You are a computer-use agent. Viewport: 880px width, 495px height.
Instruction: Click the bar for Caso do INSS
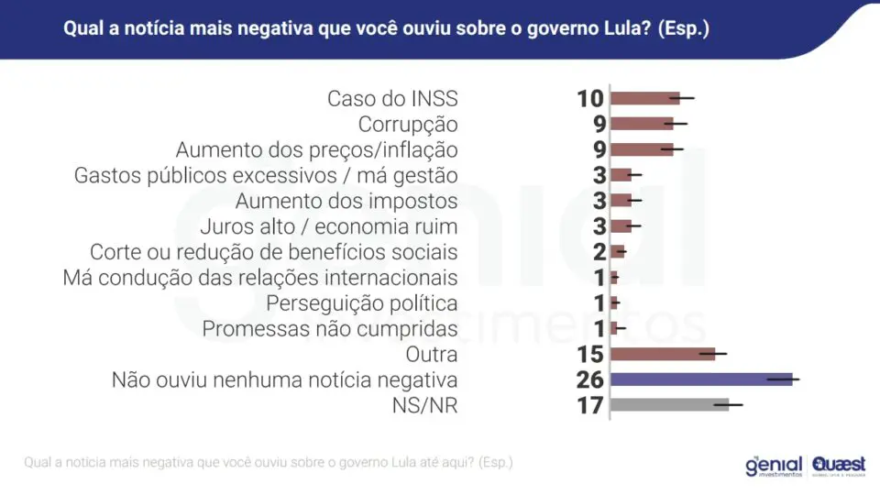(644, 99)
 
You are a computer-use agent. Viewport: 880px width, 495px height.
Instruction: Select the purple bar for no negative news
(701, 379)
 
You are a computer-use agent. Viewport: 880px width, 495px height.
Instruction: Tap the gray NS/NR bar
(669, 404)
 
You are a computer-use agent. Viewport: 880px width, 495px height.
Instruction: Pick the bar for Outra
(663, 354)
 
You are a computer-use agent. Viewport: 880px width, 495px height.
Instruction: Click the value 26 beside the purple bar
(589, 379)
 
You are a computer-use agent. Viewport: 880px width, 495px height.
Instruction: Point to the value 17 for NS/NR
(590, 405)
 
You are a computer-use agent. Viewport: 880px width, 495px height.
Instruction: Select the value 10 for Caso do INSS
(590, 99)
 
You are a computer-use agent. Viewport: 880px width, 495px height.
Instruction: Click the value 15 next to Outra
(590, 354)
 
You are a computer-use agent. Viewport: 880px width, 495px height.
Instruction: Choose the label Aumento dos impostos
(346, 201)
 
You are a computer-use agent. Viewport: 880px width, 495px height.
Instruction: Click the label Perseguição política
(362, 303)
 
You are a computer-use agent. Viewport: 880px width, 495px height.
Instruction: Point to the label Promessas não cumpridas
(330, 329)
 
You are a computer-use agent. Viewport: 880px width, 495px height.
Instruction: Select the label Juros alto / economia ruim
(329, 226)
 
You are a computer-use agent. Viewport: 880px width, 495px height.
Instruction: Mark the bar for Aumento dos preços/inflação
(642, 149)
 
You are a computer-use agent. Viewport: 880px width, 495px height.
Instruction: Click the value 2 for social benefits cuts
(599, 252)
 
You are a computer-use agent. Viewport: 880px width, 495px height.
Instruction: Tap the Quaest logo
(839, 466)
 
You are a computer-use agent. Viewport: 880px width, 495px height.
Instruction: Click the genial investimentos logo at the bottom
(774, 466)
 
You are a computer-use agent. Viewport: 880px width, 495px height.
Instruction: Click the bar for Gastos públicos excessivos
(621, 175)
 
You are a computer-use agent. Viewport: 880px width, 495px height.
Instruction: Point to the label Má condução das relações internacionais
(260, 278)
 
